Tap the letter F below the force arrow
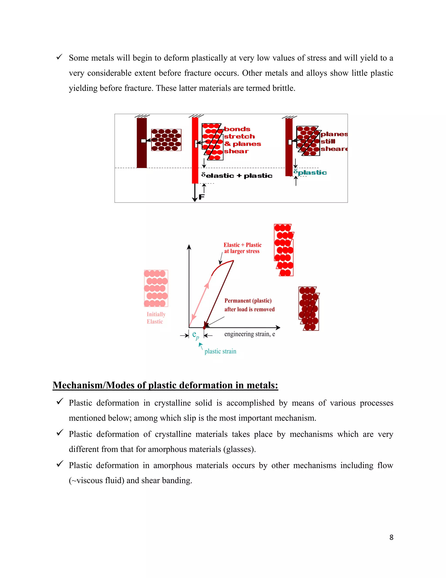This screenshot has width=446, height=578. (x=202, y=197)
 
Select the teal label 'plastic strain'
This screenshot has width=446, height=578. (x=220, y=351)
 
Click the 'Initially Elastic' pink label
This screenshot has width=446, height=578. (x=156, y=318)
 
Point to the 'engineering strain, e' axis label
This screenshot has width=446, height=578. (x=250, y=334)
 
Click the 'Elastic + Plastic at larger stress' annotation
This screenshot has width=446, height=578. (x=242, y=248)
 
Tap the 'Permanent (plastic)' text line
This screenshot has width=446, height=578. (x=248, y=301)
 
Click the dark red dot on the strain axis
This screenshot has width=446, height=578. (x=204, y=328)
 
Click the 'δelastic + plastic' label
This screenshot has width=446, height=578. (x=237, y=175)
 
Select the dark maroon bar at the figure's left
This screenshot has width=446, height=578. (x=142, y=143)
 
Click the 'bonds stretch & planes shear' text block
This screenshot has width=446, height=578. (x=242, y=140)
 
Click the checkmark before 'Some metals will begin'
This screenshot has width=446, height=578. (x=59, y=57)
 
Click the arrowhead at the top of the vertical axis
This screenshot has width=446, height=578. (x=189, y=247)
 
